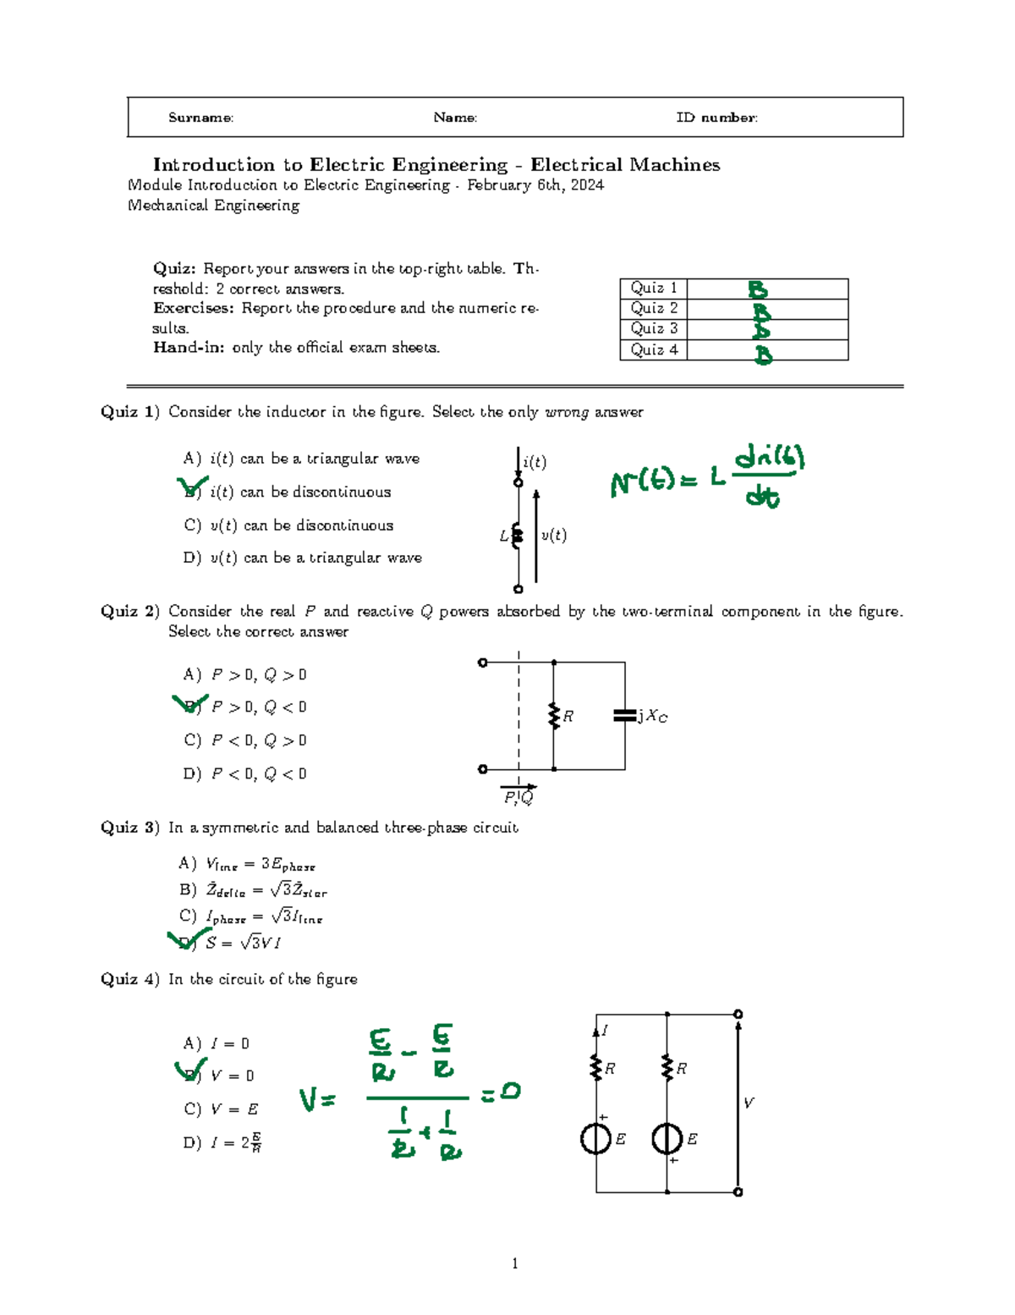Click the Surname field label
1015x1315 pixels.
coord(200,118)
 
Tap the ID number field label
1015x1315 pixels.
coord(716,118)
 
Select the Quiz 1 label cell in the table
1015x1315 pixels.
coord(653,288)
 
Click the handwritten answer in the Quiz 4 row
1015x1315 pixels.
coord(763,353)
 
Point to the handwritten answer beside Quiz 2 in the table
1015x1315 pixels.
coord(760,310)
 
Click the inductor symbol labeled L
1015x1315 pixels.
coord(518,536)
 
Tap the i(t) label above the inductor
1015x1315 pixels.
coord(535,462)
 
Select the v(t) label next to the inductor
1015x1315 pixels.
coord(554,535)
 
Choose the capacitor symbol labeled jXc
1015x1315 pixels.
coord(624,716)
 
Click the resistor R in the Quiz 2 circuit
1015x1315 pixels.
coord(554,716)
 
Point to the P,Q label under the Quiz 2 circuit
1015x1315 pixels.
coord(518,797)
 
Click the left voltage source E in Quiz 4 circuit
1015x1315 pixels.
coord(596,1138)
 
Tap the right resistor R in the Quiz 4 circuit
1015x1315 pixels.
coord(667,1068)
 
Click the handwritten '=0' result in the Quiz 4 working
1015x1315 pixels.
coord(501,1093)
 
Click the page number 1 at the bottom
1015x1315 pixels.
coord(515,1263)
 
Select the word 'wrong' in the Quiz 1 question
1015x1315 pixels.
coord(567,412)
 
